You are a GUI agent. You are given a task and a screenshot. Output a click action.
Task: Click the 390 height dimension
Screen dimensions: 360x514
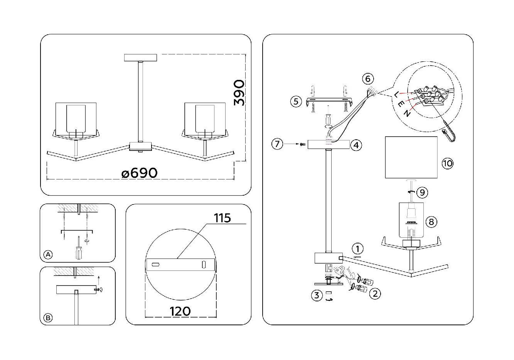point(239,93)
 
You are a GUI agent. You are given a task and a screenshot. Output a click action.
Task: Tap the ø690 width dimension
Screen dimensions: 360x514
point(139,173)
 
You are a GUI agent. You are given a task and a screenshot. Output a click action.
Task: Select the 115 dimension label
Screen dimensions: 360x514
point(222,218)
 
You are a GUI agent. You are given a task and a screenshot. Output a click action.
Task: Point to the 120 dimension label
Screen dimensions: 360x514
point(180,311)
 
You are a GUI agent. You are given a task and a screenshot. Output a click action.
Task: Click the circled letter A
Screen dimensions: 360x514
point(48,255)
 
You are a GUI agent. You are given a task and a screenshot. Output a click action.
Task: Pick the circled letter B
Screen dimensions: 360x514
point(48,318)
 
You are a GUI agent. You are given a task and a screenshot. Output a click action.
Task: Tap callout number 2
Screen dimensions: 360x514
point(374,294)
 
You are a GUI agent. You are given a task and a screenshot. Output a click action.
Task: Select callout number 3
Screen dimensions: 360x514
point(317,296)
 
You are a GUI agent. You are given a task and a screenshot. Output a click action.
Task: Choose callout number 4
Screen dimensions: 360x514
point(356,145)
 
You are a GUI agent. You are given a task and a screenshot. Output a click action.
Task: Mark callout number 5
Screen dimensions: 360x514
point(296,101)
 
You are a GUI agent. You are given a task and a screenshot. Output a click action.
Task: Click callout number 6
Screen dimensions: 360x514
point(367,79)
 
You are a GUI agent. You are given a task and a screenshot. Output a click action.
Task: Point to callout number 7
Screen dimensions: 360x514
point(277,144)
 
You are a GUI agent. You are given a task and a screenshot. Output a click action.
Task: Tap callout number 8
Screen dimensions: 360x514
point(431,221)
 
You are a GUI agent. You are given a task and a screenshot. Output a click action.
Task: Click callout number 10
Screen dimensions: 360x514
point(447,163)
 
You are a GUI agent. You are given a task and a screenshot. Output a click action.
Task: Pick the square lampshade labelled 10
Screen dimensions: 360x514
point(411,157)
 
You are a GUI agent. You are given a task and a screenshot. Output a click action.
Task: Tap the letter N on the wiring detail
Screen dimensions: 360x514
point(407,113)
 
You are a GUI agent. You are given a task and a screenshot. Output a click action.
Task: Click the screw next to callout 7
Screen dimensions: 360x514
point(303,144)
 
